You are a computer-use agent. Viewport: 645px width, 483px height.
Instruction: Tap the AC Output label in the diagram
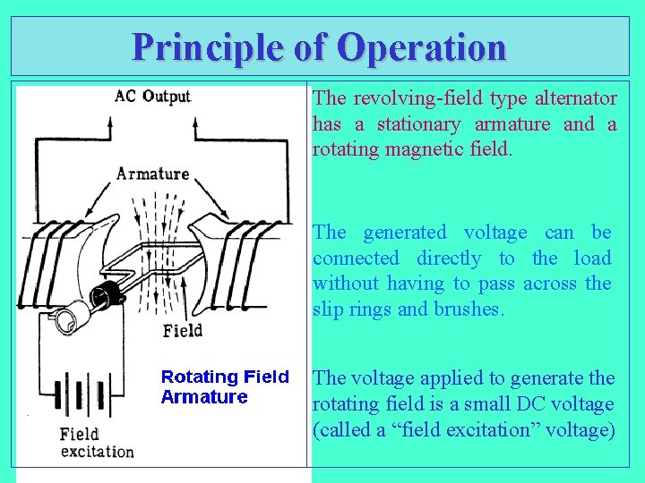[x=152, y=97]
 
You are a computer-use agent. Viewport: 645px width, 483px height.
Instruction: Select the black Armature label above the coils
[x=152, y=173]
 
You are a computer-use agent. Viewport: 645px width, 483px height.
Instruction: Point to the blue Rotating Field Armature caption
[x=224, y=386]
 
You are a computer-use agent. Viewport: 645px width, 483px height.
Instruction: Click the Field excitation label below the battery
[x=97, y=443]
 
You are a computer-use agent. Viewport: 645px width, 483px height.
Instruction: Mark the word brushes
[x=471, y=309]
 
